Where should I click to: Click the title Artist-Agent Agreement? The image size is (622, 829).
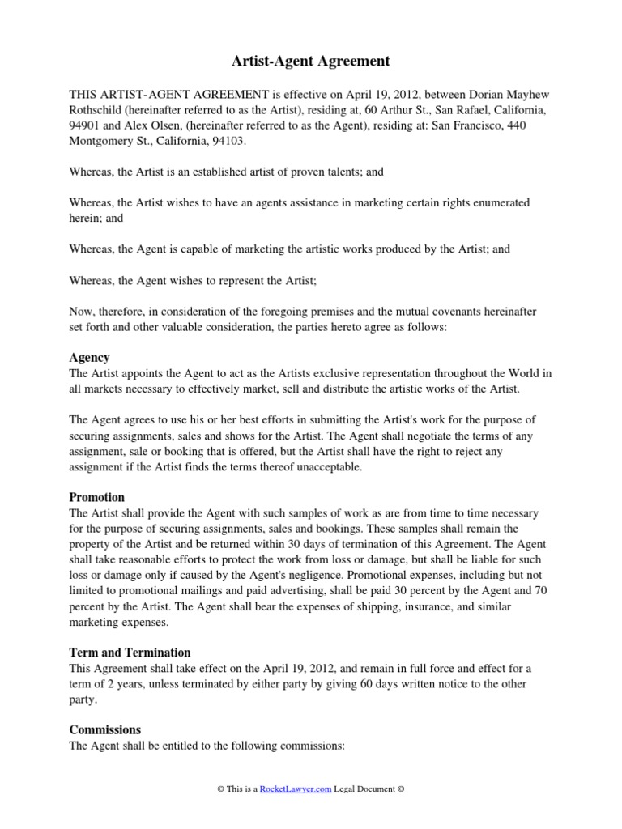tap(311, 61)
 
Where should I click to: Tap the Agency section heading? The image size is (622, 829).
tap(89, 358)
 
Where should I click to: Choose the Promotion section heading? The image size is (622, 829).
tap(97, 498)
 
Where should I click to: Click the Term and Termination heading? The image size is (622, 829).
tap(130, 653)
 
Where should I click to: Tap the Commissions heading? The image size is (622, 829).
tap(105, 729)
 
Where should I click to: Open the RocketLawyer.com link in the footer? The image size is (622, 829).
tap(296, 789)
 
